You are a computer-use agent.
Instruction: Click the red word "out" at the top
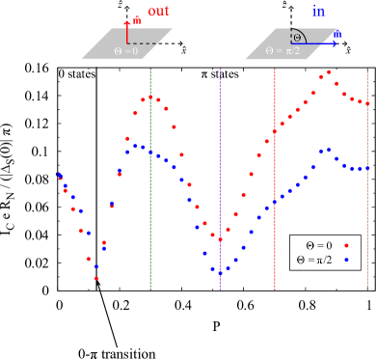pos(158,12)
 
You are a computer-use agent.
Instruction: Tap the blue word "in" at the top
pos(318,12)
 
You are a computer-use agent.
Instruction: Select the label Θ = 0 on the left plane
pos(126,51)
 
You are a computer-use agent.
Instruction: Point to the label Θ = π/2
pos(282,51)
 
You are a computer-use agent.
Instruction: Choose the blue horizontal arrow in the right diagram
pos(317,43)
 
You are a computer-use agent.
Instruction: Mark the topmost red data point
pos(329,72)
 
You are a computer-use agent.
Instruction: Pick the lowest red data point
pos(96,278)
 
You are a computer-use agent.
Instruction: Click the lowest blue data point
pos(220,274)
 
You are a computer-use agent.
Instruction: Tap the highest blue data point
pos(329,150)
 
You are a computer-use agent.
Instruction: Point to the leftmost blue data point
pos(58,175)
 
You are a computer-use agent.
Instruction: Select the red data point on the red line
pos(275,131)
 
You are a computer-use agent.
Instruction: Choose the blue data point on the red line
pos(275,202)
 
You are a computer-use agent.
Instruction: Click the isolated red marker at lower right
pos(346,245)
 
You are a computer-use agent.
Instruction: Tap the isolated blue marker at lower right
pos(346,259)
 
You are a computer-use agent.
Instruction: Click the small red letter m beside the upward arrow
pos(137,19)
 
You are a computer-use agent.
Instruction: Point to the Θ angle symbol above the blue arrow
pos(297,38)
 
